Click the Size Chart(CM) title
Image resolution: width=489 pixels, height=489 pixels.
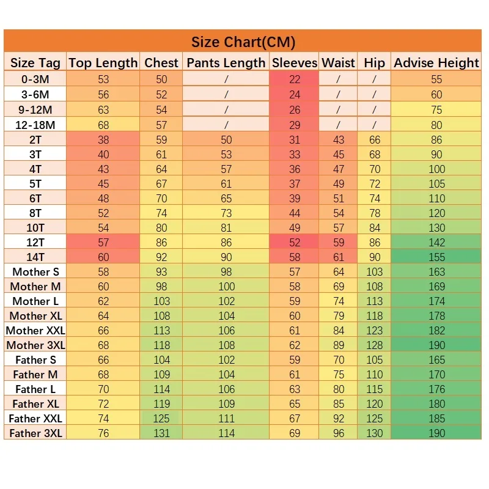coord(243,42)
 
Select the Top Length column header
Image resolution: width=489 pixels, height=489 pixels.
coord(103,62)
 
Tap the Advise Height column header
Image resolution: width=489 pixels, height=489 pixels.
coord(436,62)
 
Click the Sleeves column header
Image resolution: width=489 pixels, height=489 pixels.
coord(295,62)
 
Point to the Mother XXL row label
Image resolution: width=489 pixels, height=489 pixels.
coord(35,331)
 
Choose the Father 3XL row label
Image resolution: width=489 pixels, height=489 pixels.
coord(35,433)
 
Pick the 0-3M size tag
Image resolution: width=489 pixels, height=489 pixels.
coord(35,79)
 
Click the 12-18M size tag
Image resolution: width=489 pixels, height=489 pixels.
coord(35,125)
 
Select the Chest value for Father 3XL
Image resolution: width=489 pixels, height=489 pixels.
coord(161,433)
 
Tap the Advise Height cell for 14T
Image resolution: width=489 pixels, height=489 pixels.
coord(436,257)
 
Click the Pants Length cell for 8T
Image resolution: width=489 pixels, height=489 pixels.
coord(226,213)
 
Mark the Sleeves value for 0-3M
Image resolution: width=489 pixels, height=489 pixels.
coord(295,79)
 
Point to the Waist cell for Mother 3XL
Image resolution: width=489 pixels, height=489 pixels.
coord(339,345)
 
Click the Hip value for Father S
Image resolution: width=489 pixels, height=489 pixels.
coord(375,360)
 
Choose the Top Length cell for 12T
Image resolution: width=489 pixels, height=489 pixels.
coord(103,243)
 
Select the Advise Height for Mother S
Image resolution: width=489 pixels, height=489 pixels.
coord(436,272)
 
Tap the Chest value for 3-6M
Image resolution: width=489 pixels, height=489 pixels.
coord(161,95)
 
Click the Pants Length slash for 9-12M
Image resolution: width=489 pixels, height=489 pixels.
coord(226,110)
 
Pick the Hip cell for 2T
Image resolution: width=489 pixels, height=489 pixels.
coord(375,140)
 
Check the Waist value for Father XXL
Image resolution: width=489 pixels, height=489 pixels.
coord(339,419)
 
